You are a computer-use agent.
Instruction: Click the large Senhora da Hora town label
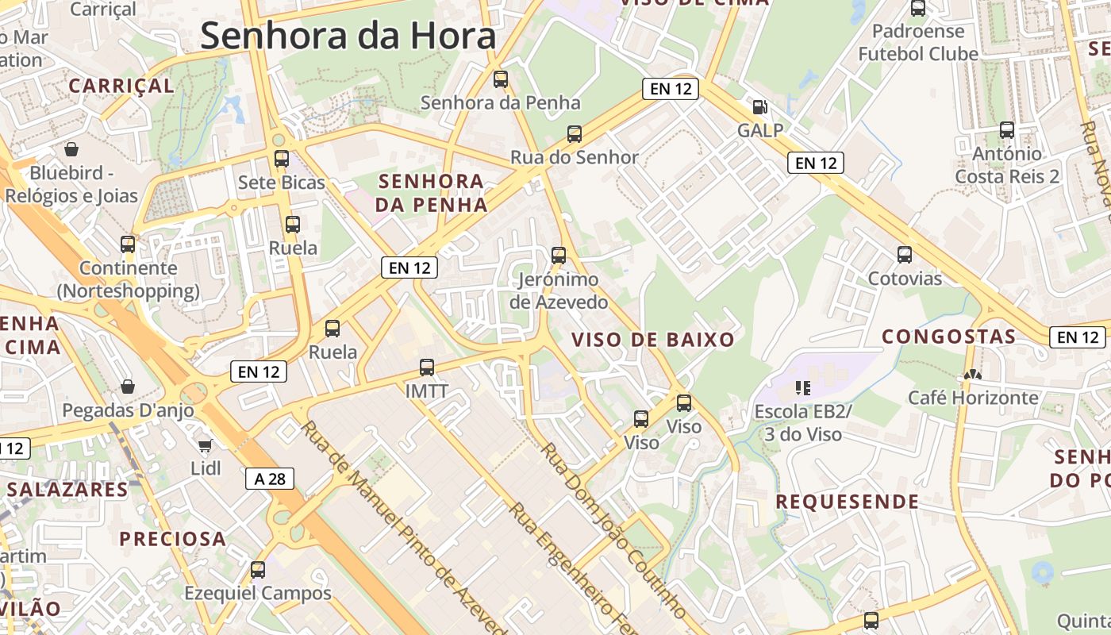pos(348,37)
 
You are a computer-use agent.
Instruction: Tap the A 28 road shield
pos(270,479)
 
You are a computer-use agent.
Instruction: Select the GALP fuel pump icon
pos(759,106)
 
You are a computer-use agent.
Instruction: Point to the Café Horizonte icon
pos(972,374)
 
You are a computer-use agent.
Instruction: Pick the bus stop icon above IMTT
pos(427,367)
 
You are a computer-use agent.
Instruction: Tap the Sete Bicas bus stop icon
pos(282,158)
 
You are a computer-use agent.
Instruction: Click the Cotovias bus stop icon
pos(905,254)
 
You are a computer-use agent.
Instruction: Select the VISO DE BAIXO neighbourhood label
pos(653,340)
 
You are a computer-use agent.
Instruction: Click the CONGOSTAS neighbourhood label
pos(949,337)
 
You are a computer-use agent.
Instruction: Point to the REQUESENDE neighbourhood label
pos(848,502)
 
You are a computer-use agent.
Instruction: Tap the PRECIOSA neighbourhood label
pos(173,539)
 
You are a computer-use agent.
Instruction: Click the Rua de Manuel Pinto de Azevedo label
pos(405,528)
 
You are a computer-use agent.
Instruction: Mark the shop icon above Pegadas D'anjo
pos(128,387)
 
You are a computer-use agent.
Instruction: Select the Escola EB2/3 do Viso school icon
pos(803,388)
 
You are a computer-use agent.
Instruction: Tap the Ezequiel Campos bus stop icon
pos(258,569)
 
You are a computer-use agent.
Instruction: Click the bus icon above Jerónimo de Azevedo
pos(559,255)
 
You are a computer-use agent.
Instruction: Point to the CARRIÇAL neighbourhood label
pos(121,86)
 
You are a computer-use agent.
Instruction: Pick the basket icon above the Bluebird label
pos(71,148)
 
